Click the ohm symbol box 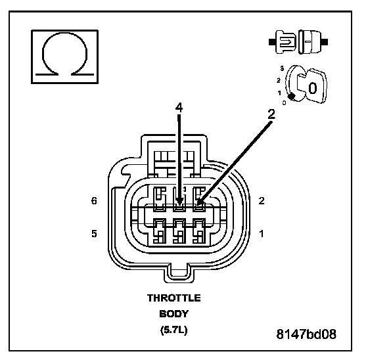[x=65, y=56]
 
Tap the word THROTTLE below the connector [x=174, y=298]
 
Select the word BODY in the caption [x=174, y=314]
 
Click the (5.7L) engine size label [x=174, y=330]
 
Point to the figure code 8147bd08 [x=306, y=334]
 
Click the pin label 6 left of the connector [x=94, y=201]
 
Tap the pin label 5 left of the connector [x=94, y=234]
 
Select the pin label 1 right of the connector [x=262, y=234]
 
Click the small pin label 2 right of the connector [x=262, y=201]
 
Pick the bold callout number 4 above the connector [x=179, y=108]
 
